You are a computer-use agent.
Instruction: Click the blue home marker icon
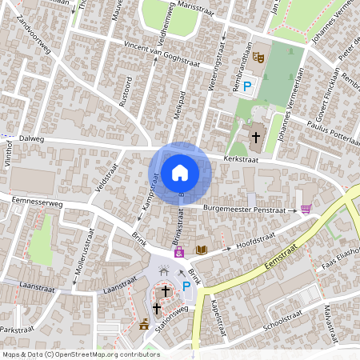[180, 172]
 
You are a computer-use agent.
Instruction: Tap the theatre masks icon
[258, 58]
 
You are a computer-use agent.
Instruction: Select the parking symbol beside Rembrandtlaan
[248, 86]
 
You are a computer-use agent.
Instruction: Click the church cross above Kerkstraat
[256, 137]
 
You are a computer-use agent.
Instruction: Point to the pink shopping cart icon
[306, 209]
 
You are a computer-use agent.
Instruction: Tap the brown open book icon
[202, 250]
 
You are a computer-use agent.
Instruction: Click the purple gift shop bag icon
[180, 252]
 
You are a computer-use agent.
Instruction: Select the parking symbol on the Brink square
[187, 286]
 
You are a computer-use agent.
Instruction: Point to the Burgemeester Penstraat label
[244, 208]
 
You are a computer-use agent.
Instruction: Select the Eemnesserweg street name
[38, 204]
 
